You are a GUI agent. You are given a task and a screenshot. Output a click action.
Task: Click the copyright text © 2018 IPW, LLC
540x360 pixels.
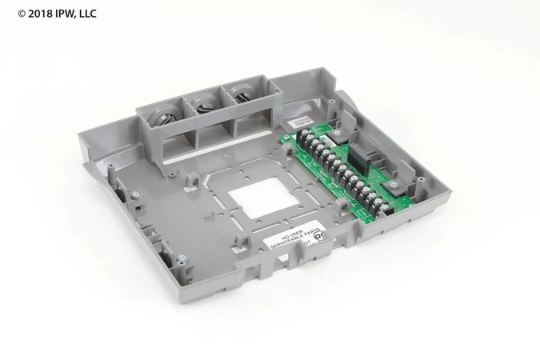(47, 11)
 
